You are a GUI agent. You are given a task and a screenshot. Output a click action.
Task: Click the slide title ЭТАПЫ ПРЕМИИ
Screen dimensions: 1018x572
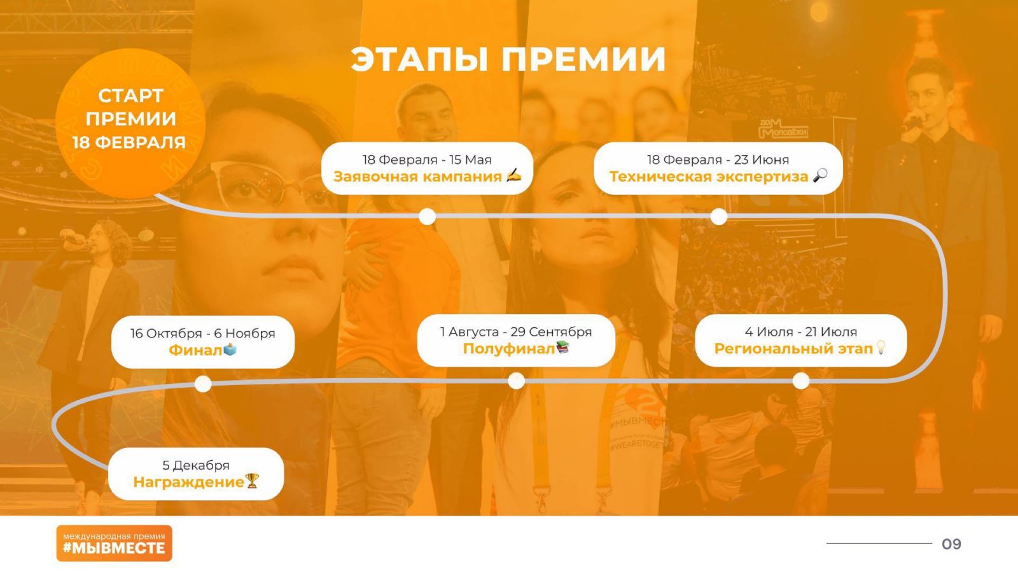click(x=508, y=59)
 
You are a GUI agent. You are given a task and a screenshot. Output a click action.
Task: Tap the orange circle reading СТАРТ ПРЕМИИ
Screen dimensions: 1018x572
click(x=130, y=123)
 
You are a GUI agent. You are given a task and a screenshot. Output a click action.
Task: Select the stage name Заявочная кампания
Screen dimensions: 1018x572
click(x=417, y=176)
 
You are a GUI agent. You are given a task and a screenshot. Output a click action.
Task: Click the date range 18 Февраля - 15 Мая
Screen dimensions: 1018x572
click(x=427, y=160)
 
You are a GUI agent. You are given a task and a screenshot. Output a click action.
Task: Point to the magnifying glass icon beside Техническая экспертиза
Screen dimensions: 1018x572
click(x=820, y=175)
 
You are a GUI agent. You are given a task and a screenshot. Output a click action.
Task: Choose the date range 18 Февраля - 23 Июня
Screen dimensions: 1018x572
click(x=718, y=160)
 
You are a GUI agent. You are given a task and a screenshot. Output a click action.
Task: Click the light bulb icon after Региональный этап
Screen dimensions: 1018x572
click(x=881, y=347)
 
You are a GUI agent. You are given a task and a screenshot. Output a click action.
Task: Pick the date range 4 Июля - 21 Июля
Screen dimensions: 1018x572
click(x=801, y=332)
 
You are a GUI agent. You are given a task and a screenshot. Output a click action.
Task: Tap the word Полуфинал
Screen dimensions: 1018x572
click(x=508, y=349)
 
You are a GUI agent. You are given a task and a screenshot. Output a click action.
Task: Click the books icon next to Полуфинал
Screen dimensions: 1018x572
click(x=562, y=347)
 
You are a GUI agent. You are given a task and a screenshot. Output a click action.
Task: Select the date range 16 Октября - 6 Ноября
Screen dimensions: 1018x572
click(x=203, y=333)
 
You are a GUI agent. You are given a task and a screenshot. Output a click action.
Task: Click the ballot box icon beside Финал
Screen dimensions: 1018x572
click(x=230, y=349)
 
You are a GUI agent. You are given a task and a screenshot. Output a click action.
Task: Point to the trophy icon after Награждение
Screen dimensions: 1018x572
click(x=252, y=480)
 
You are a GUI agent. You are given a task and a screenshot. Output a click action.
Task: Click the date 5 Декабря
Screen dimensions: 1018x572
click(x=196, y=465)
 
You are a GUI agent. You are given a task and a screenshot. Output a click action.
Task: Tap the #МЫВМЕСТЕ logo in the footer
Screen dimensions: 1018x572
click(x=114, y=543)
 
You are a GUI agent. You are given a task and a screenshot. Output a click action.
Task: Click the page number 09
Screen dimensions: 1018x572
click(x=951, y=544)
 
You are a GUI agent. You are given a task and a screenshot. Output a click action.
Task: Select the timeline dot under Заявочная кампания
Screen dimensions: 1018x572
click(x=427, y=217)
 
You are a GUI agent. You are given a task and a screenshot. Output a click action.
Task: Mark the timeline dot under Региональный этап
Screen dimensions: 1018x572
click(x=801, y=381)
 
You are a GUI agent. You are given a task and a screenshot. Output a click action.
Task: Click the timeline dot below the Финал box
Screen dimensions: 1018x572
click(x=203, y=384)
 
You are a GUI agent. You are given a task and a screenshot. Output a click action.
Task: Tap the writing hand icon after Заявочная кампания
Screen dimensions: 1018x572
click(x=513, y=175)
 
